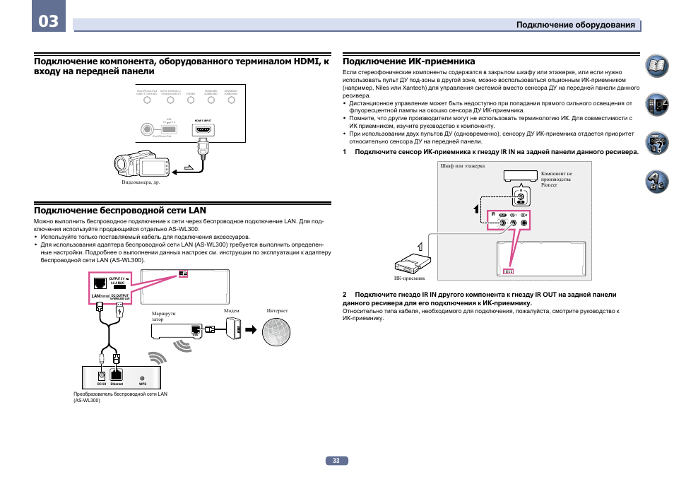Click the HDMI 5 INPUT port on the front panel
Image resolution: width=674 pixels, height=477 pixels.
coord(203,130)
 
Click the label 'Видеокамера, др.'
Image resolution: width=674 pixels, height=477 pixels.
coord(141,182)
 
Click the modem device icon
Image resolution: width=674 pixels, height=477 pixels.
coord(232,329)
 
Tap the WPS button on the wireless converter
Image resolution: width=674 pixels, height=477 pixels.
coord(142,377)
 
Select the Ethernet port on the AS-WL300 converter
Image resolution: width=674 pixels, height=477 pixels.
coord(117,375)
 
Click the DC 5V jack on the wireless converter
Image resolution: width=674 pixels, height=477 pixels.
coord(101,375)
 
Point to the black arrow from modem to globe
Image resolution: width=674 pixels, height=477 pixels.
coord(249,329)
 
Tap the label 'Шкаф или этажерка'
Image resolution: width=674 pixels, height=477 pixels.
coord(462,167)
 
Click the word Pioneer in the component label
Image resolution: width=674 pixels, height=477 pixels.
coord(549,185)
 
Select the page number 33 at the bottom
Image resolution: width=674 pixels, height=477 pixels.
coord(336,461)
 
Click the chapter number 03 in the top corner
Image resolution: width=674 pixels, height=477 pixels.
coord(48,20)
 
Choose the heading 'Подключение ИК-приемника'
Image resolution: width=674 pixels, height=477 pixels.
coord(408,61)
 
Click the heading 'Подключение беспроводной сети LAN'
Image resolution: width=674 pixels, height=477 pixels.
coord(120,210)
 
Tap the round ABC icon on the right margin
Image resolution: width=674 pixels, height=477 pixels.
coord(656,183)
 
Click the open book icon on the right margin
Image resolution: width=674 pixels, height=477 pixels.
coord(656,67)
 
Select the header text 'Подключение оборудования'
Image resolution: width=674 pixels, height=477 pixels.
coord(575,25)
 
